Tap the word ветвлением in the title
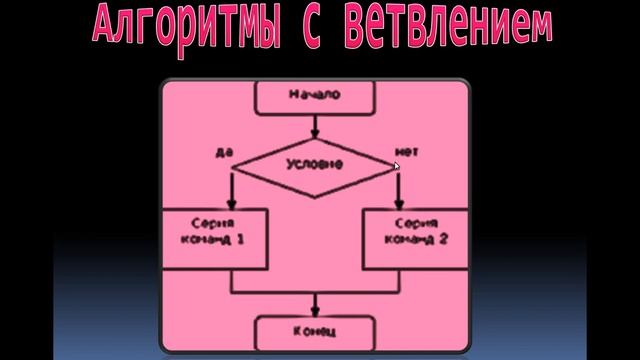(447, 27)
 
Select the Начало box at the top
(315, 97)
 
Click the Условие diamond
(315, 164)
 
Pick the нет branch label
(404, 151)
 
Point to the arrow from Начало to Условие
(315, 126)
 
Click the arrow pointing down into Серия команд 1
(232, 190)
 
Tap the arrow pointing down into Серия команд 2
(398, 190)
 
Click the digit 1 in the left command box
(239, 243)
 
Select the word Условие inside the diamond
(315, 164)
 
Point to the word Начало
(315, 96)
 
